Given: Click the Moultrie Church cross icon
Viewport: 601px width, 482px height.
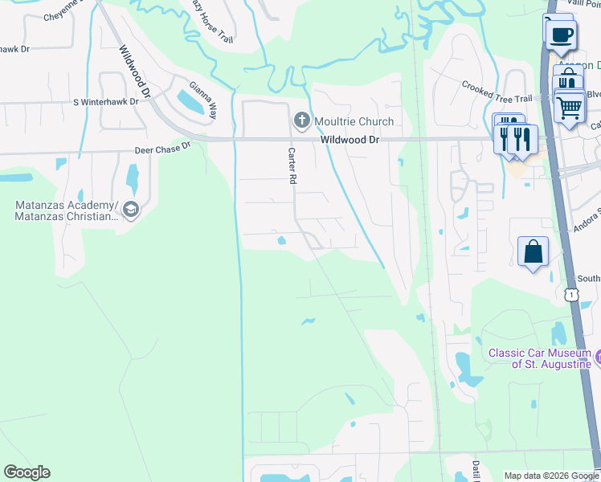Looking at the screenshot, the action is (x=302, y=121).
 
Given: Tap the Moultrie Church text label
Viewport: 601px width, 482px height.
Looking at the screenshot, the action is (x=354, y=121).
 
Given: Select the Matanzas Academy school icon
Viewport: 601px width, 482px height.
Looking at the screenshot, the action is (x=131, y=210).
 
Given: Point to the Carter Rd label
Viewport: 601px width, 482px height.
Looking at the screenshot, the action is (x=292, y=165).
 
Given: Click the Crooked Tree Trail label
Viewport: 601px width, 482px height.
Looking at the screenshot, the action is (x=497, y=92).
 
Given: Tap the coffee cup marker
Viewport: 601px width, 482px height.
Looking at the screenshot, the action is (x=562, y=35).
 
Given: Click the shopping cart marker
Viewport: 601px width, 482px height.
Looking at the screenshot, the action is (x=570, y=106).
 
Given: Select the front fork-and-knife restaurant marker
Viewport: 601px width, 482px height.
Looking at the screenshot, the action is (x=522, y=138).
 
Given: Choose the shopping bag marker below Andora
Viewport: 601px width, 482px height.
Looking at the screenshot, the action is (x=534, y=252).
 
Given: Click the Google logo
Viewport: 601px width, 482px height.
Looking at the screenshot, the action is (x=27, y=472).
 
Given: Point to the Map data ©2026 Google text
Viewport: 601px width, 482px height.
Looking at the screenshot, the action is (x=551, y=476).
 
